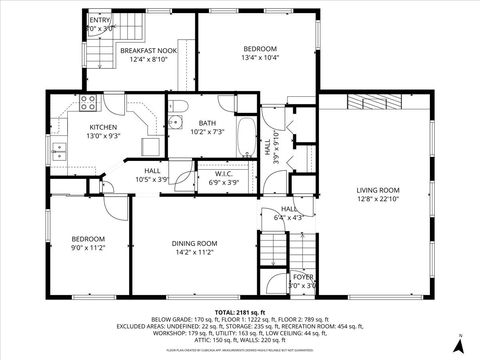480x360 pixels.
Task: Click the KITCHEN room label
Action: click(x=104, y=127)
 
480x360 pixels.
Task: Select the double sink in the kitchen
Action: click(x=59, y=151)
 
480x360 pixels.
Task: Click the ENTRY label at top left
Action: click(x=100, y=20)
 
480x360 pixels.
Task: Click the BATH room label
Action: click(x=207, y=123)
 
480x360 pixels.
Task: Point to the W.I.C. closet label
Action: click(x=223, y=174)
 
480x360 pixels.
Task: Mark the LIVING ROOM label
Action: click(x=378, y=190)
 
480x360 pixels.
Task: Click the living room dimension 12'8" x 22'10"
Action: click(x=378, y=199)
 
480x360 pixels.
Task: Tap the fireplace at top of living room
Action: click(x=375, y=101)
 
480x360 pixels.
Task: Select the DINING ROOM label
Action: click(x=194, y=244)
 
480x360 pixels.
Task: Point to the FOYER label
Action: click(x=302, y=277)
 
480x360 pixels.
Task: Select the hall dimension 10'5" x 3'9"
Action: click(x=153, y=179)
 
